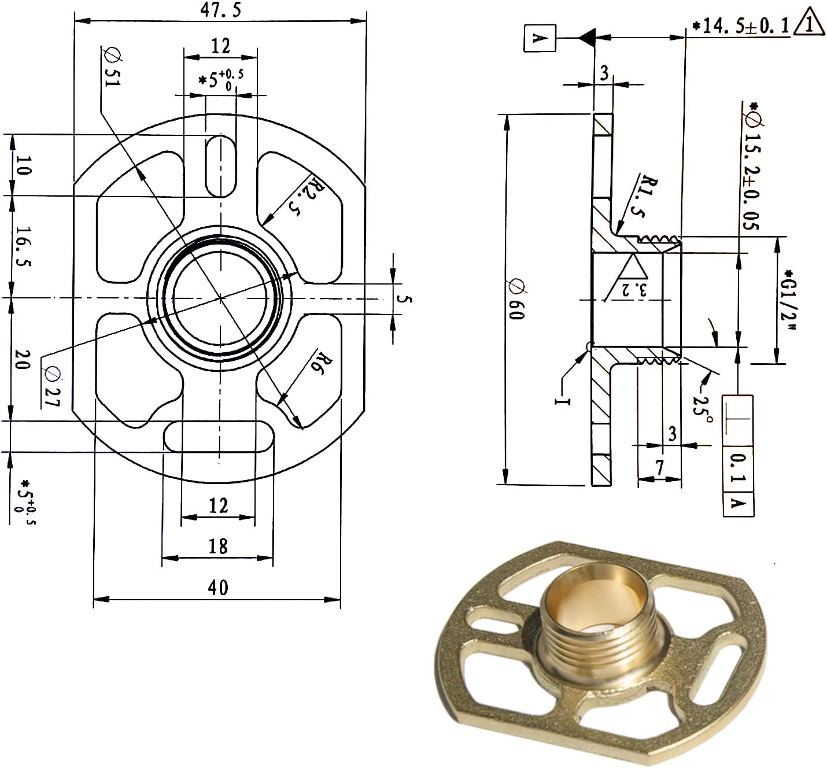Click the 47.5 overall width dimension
[x=220, y=11]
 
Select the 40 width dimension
[x=217, y=588]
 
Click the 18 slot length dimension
[x=217, y=546]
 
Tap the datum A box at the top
[x=540, y=38]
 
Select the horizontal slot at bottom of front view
[x=219, y=436]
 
